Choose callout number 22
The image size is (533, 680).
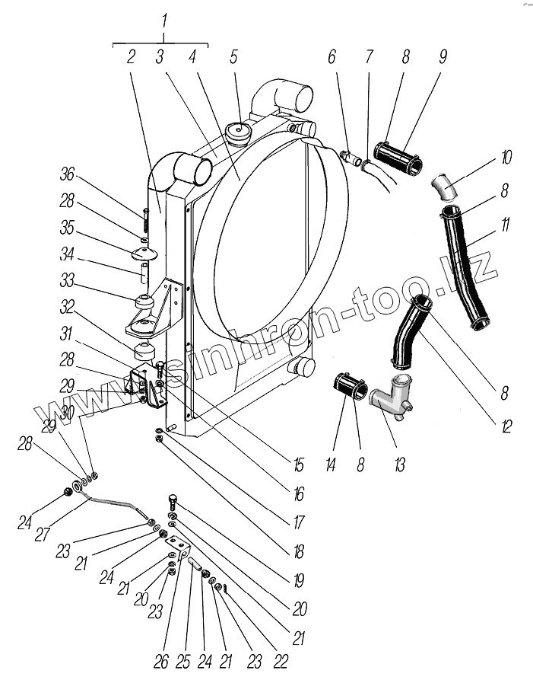[280, 662]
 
